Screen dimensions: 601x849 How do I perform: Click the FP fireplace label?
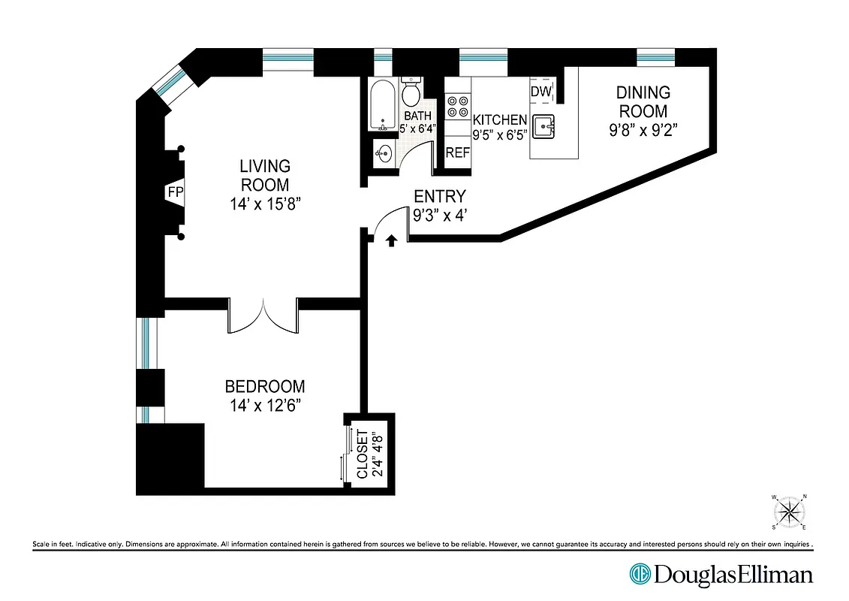pos(175,192)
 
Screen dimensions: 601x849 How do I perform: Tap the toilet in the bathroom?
pos(411,93)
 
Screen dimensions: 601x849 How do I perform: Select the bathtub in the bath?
pos(381,106)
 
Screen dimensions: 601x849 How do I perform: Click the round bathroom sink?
pos(383,156)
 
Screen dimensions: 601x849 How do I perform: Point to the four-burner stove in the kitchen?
pos(457,107)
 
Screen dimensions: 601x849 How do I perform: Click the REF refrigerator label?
pos(457,153)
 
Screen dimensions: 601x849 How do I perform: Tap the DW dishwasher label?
pos(540,92)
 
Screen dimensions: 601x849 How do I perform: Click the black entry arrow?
pos(391,240)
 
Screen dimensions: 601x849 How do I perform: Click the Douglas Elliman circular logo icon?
pos(640,575)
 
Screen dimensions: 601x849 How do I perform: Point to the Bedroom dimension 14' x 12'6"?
pos(265,406)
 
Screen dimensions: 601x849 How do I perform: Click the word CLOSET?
pos(362,454)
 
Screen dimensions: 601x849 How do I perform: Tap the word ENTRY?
pos(440,196)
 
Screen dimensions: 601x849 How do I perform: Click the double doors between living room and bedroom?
pos(263,316)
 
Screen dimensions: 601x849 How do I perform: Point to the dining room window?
pos(655,57)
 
